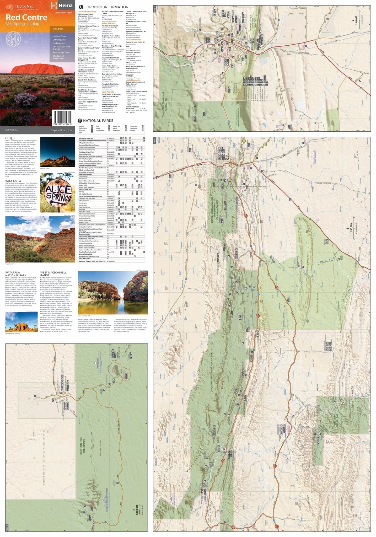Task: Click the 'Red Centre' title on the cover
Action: coord(26,18)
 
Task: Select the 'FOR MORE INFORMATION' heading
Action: coord(106,7)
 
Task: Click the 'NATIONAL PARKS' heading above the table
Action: coord(98,121)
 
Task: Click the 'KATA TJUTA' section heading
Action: coord(13,181)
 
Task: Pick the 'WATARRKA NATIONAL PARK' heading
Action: coord(16,274)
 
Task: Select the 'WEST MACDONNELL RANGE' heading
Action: coord(53,274)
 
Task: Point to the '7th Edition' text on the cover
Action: coord(58,29)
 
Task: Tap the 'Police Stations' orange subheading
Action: coord(108,23)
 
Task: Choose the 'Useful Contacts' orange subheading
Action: coord(133,80)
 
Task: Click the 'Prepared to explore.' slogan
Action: coord(61,130)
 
